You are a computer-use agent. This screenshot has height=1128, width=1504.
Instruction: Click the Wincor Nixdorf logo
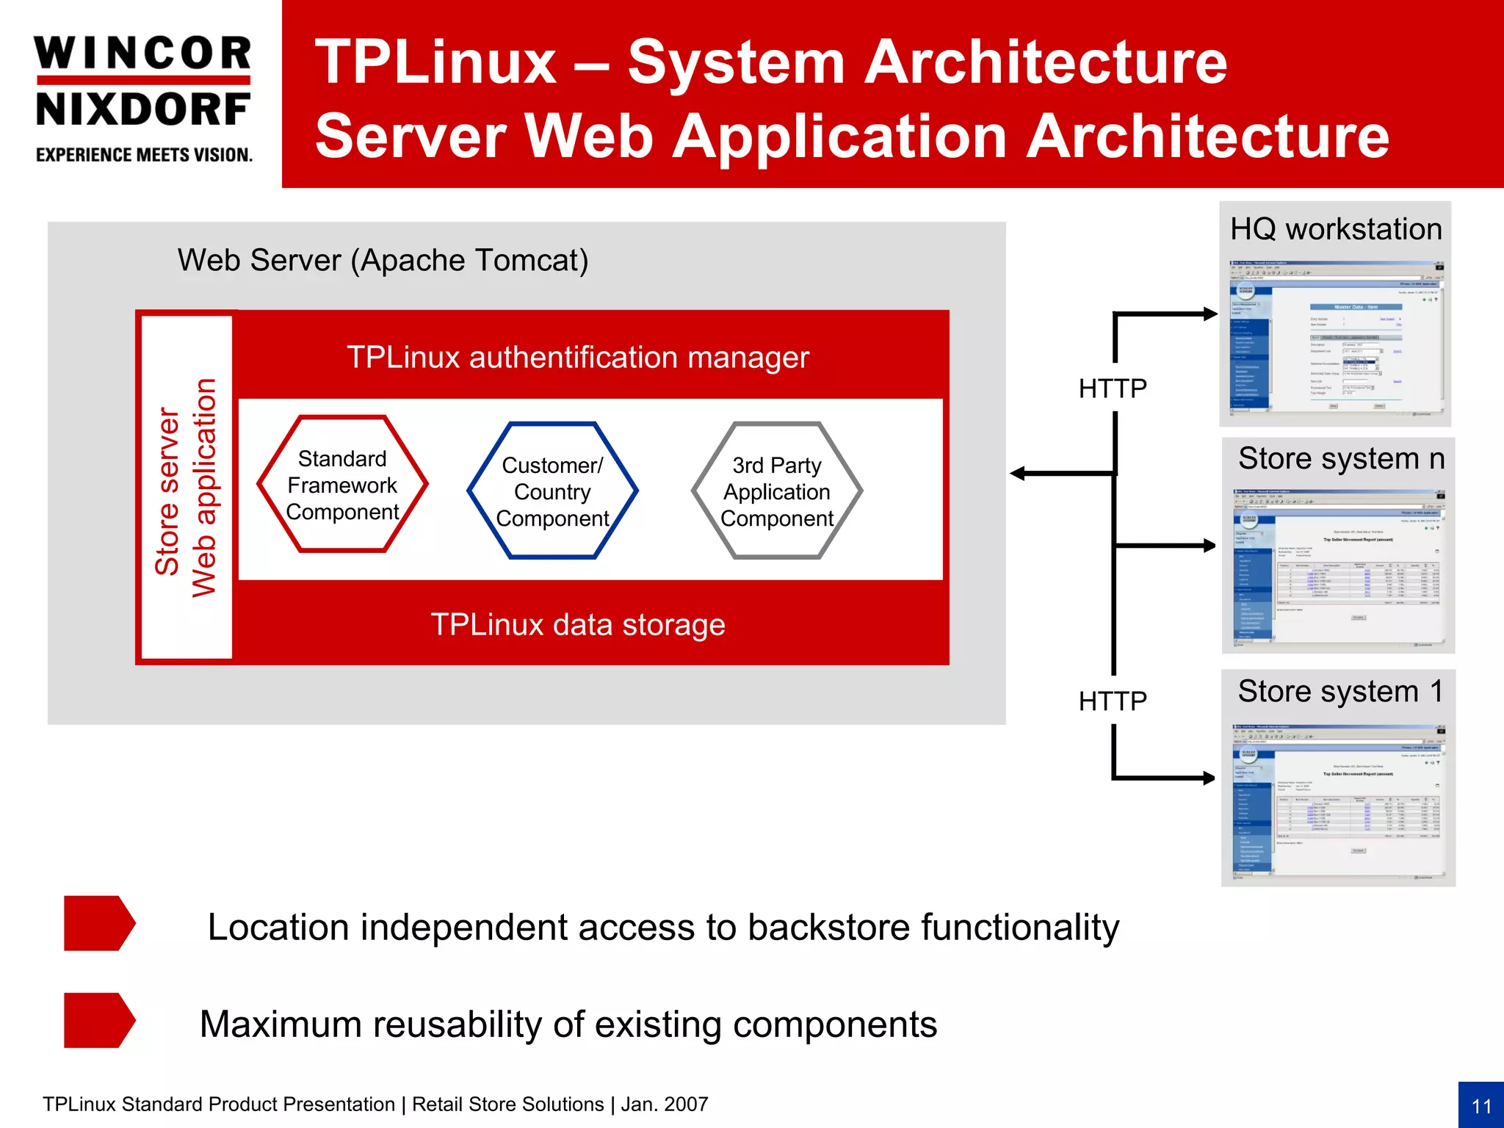click(x=143, y=81)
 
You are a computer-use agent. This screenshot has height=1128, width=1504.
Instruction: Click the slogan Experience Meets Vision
click(x=144, y=155)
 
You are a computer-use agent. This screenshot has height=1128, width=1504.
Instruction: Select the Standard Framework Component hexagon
click(x=342, y=485)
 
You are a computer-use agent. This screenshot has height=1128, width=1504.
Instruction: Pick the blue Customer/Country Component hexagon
click(x=552, y=491)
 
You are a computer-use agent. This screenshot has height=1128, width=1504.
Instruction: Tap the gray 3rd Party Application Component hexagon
click(x=777, y=491)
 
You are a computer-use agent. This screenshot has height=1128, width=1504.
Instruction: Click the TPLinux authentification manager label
click(x=578, y=358)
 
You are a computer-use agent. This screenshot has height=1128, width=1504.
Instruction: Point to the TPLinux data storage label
click(x=578, y=625)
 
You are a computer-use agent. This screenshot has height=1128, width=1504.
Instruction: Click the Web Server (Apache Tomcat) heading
click(x=383, y=261)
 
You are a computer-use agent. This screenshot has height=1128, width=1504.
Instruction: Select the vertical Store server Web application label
click(x=185, y=488)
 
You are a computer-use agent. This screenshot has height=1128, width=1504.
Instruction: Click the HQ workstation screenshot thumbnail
click(x=1335, y=338)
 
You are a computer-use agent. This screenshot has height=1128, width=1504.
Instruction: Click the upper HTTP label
click(x=1113, y=388)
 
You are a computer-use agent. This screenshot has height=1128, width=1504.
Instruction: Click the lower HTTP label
click(x=1113, y=701)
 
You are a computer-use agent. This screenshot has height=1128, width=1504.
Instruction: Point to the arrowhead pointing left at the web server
click(x=1019, y=474)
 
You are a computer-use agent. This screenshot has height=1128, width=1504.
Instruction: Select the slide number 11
click(x=1481, y=1106)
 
